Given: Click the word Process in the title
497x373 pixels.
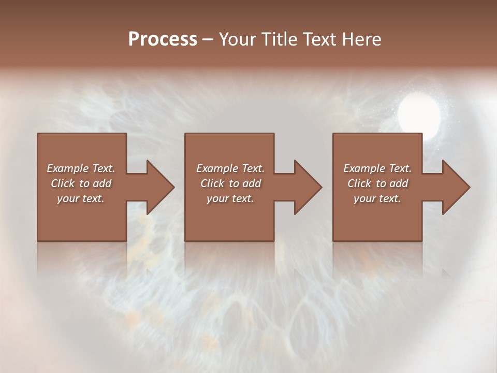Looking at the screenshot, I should (x=163, y=39).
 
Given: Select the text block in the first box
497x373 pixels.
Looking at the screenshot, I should (x=81, y=183).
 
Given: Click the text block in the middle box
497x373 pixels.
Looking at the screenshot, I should (x=230, y=183).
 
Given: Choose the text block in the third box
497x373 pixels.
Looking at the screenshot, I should (x=377, y=183).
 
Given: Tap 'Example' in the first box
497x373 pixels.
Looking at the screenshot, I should (x=68, y=168).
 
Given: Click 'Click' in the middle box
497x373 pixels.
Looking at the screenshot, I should (x=212, y=183).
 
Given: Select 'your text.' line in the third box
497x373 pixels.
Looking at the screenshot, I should (x=377, y=198).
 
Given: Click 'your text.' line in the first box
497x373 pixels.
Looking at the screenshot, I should (x=81, y=198).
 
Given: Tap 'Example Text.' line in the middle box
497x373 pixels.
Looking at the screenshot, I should (x=230, y=168).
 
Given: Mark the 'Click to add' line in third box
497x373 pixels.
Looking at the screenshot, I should (x=377, y=183).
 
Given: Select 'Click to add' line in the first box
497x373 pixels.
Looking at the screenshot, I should (x=81, y=183).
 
